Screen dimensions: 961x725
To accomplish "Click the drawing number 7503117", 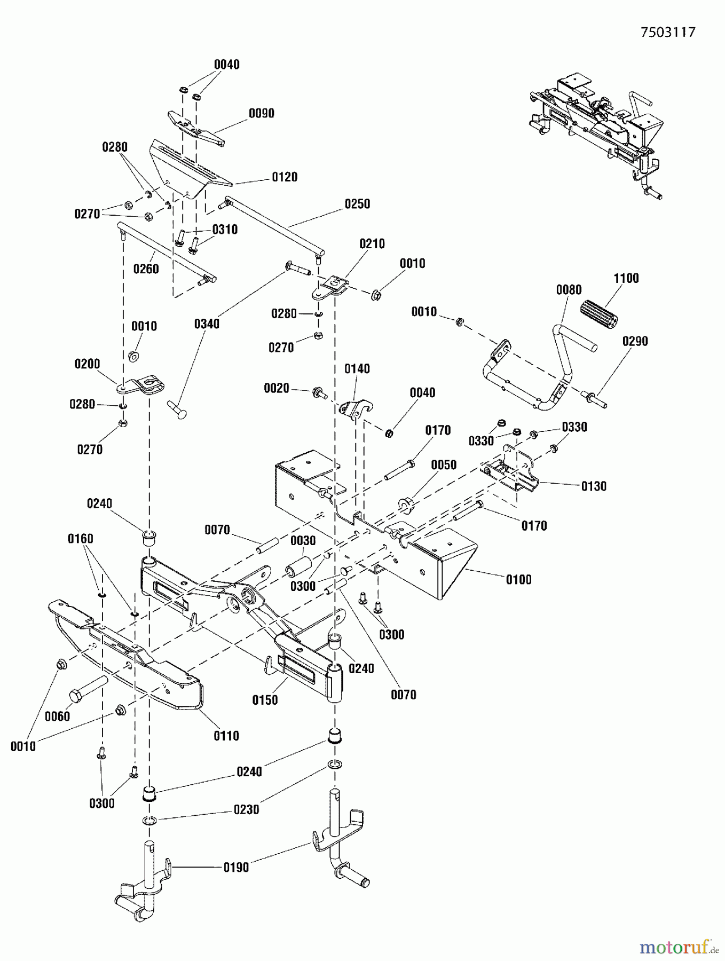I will point(668,33).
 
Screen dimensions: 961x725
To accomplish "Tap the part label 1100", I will point(626,278).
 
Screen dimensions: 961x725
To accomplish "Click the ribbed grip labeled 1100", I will point(599,314).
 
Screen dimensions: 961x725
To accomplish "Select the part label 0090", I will point(262,113).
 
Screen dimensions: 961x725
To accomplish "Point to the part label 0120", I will point(285,177).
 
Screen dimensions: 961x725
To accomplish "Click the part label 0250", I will point(357,204).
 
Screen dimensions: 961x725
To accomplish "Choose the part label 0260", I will point(146,269).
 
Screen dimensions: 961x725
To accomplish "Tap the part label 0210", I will point(372,244).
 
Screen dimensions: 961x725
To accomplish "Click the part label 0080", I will point(569,290).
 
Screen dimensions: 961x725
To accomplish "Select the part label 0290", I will point(635,341).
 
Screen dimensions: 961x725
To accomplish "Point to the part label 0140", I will point(357,369).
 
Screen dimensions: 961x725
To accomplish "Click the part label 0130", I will point(594,486).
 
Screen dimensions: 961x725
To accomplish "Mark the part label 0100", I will point(518,580).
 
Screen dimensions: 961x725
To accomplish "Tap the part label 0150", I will point(265,700).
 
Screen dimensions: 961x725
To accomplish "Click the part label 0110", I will point(226,736).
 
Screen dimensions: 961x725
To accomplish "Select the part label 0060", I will point(57,716).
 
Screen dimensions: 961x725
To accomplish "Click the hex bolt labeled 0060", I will point(87,688).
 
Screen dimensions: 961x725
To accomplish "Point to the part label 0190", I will point(236,868).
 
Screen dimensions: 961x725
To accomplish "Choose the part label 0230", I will point(246,810).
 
